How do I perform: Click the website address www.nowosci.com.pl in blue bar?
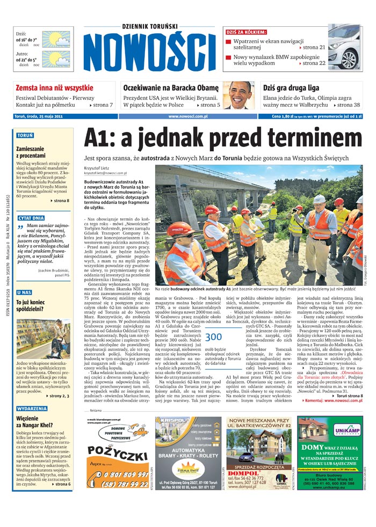click(188, 116)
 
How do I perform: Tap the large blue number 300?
click(213, 337)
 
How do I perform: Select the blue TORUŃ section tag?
click(25, 136)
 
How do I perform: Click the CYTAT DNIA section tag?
click(31, 218)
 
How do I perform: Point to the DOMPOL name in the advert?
click(244, 473)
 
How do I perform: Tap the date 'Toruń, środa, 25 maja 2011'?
click(43, 116)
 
